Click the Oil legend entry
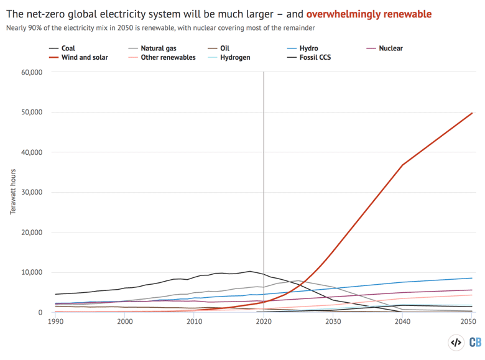tap(224, 48)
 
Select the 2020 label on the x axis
tap(264, 322)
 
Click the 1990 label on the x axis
tap(55, 322)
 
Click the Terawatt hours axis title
tap(12, 192)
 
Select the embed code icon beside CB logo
tap(456, 343)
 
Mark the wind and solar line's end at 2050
tap(472, 113)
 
